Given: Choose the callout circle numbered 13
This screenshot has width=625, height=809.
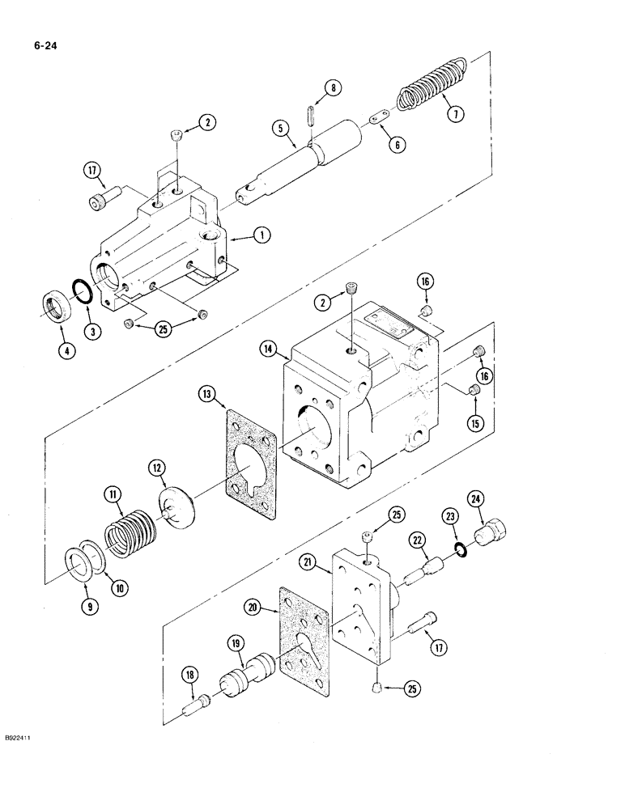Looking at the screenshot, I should click(208, 394).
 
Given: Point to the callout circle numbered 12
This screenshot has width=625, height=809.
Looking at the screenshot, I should click(155, 468).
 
